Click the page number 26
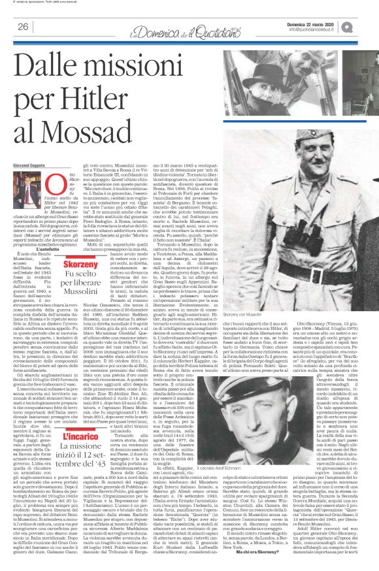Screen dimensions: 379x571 click(x=22, y=26)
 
